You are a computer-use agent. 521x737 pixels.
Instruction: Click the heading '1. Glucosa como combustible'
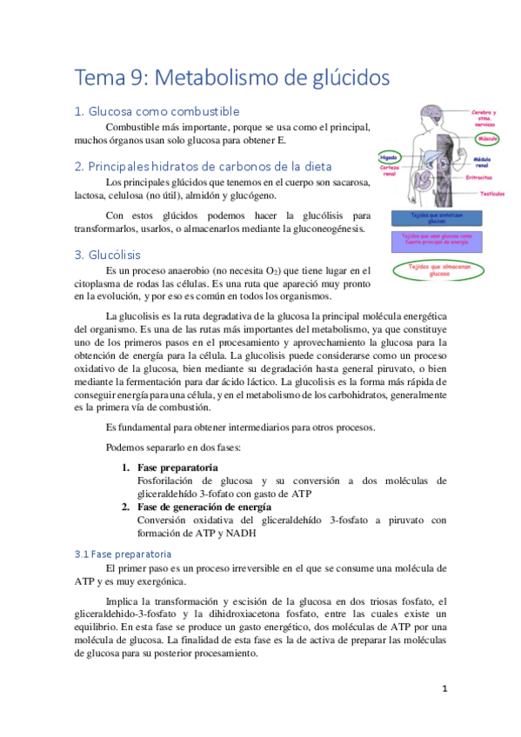(157, 111)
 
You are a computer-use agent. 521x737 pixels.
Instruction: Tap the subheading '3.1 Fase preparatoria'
(123, 554)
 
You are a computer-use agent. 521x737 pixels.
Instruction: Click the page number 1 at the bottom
(444, 689)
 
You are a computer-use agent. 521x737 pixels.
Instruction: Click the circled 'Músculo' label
(486, 137)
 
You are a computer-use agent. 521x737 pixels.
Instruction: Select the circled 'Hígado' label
(389, 157)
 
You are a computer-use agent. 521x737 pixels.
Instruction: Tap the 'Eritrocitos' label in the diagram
(478, 177)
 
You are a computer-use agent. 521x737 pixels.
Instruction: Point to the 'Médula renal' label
(483, 163)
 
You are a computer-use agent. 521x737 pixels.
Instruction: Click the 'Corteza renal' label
(389, 169)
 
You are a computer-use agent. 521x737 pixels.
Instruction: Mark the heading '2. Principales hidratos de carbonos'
(203, 166)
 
